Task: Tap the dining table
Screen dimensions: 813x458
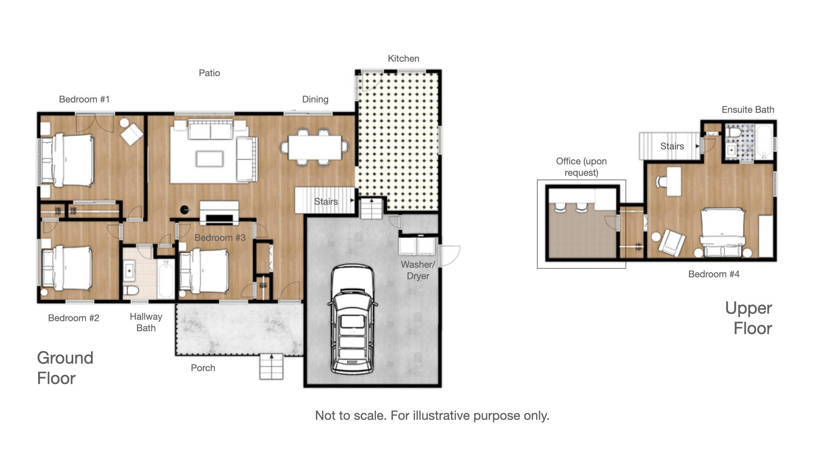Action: click(315, 148)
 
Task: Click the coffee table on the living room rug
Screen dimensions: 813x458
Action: click(210, 159)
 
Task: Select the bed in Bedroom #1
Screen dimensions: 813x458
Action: click(68, 160)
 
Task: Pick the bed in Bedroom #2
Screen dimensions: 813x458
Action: click(67, 268)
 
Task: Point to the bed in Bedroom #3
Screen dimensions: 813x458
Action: click(204, 271)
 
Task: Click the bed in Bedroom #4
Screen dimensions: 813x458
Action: click(723, 232)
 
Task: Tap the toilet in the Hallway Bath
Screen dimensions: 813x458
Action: click(131, 290)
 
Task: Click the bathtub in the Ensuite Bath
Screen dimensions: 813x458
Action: click(764, 142)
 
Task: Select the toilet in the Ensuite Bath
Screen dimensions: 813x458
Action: click(735, 132)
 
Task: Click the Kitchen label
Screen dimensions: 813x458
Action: click(404, 59)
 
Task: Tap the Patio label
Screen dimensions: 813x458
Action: click(209, 73)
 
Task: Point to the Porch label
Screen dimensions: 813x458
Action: click(203, 368)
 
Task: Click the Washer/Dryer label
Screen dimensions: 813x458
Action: click(418, 270)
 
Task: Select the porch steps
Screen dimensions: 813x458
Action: click(271, 366)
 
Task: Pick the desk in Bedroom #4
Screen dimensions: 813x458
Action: click(674, 181)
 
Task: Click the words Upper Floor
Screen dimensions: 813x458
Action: click(749, 318)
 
